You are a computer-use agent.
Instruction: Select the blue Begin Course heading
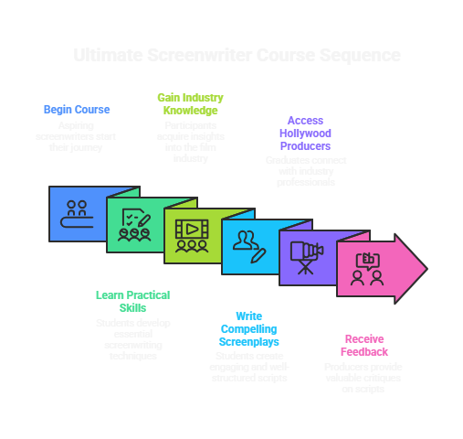click(x=77, y=110)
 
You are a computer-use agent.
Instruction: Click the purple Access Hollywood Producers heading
click(x=305, y=133)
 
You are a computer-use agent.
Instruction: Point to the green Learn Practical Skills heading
click(x=132, y=301)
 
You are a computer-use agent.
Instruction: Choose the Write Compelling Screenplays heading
click(x=248, y=327)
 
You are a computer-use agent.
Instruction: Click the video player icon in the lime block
click(x=192, y=235)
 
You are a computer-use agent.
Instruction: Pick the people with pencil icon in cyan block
click(x=248, y=246)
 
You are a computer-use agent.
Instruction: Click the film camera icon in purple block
click(x=308, y=256)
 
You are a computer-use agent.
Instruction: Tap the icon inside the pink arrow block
click(x=367, y=268)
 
